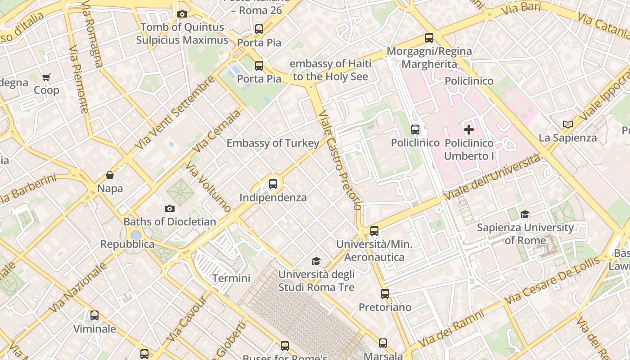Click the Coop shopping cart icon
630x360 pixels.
46,77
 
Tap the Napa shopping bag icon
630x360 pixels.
110,175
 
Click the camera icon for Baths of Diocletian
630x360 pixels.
170,208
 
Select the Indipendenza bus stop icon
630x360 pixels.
273,184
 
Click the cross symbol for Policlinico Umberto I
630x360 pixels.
469,130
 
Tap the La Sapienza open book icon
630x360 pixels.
568,124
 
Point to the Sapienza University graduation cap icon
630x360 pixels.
525,214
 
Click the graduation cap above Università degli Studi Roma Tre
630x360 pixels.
316,261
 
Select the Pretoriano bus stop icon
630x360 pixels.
385,294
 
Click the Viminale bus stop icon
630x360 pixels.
94,315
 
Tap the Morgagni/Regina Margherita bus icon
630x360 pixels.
429,38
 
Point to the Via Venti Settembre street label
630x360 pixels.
175,112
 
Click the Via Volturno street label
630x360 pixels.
208,187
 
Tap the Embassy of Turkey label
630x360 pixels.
273,143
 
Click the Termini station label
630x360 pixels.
231,278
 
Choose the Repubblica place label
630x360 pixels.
127,244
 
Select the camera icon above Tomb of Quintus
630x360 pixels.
182,14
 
